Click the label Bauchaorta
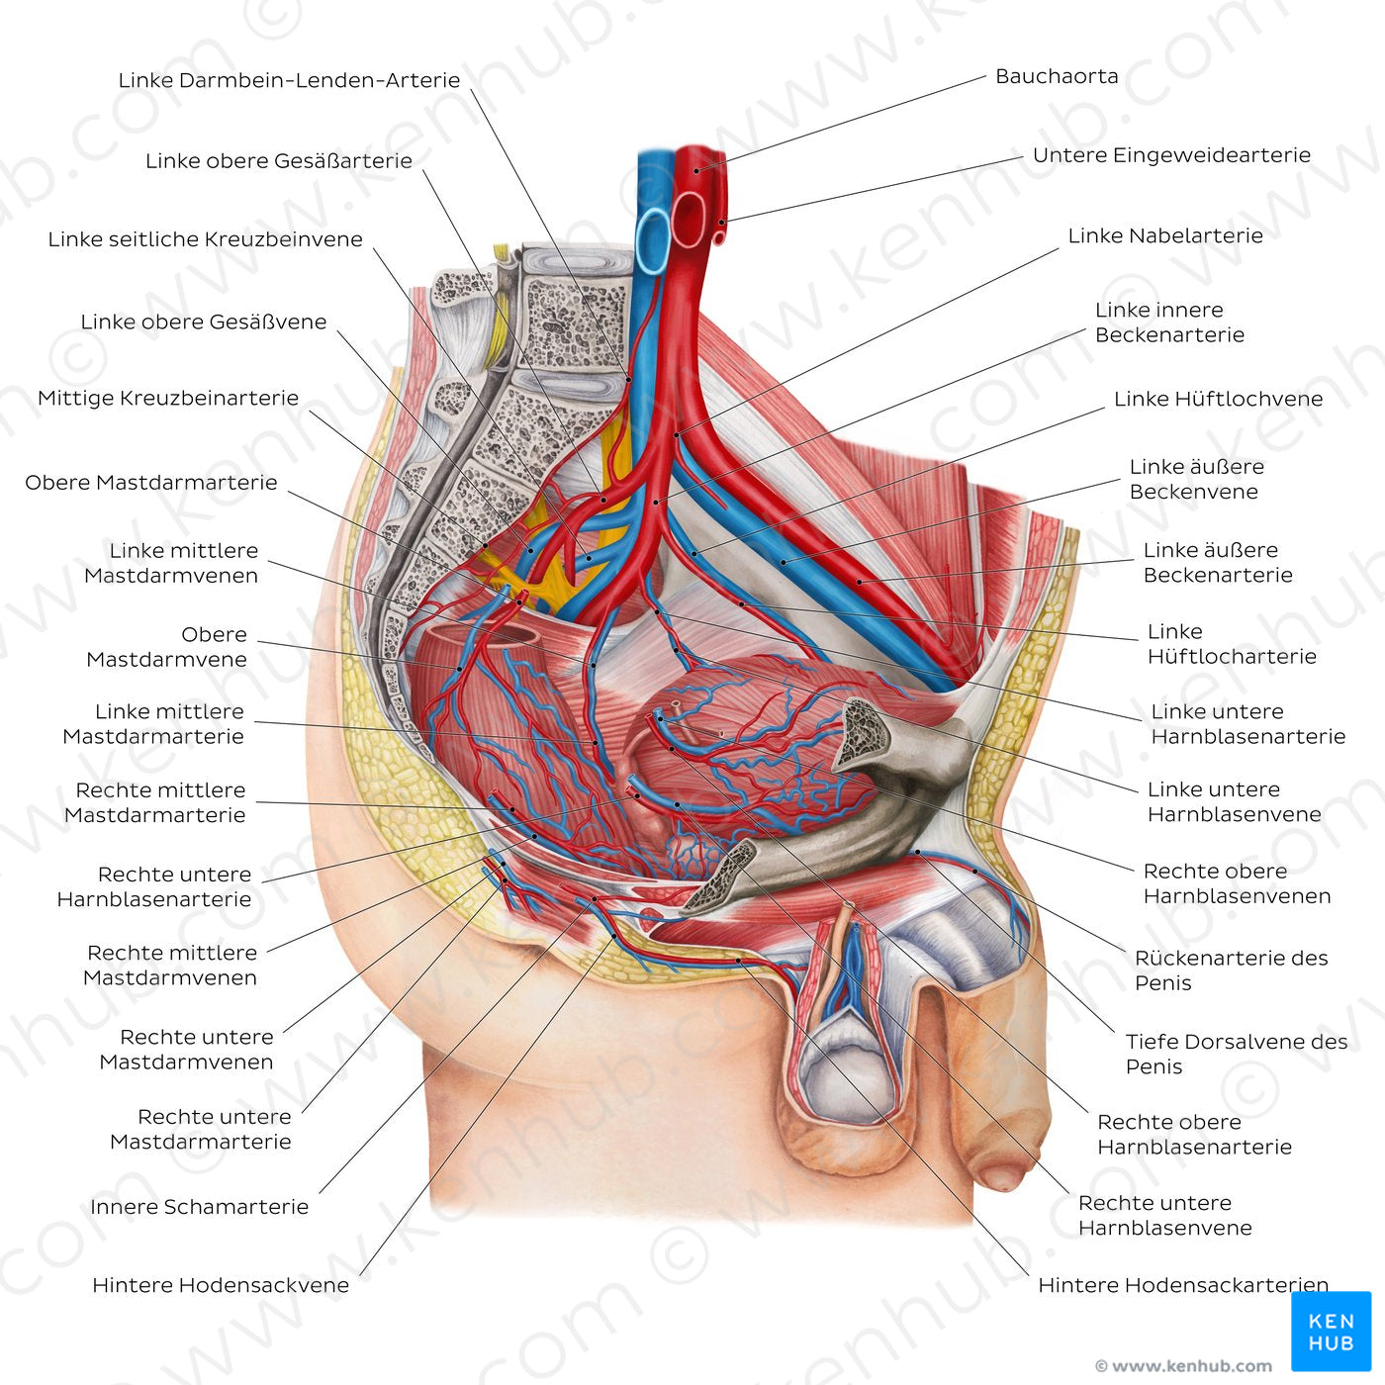tap(1056, 76)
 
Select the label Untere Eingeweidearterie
tap(1170, 155)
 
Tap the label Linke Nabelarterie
tap(1164, 235)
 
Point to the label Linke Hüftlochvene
tap(1218, 399)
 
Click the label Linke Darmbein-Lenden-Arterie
tap(289, 80)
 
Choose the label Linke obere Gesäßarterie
tap(278, 160)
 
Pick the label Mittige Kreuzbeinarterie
tap(167, 398)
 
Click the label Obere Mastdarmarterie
tap(150, 483)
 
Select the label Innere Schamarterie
tap(199, 1207)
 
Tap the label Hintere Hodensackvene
tap(220, 1285)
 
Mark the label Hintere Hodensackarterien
tap(1182, 1285)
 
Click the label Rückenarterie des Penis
tap(1230, 969)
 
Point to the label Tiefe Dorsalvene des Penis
tap(1236, 1054)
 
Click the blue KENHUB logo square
tap(1331, 1331)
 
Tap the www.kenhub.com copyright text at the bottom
tap(1183, 1366)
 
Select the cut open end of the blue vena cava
tap(653, 239)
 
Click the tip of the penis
tap(1001, 1175)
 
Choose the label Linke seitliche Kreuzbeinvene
tap(205, 239)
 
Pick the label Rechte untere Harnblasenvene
tap(1163, 1215)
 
